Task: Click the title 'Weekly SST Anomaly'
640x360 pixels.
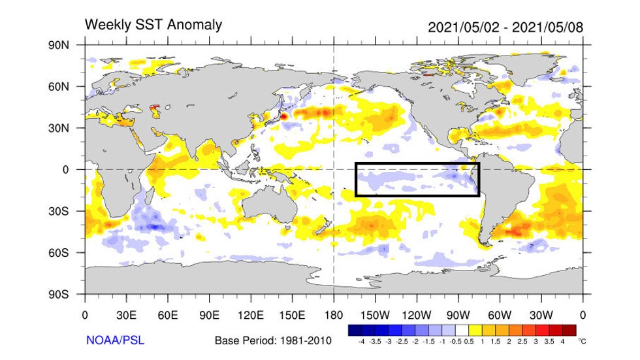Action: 153,25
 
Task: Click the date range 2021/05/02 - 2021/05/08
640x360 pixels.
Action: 505,27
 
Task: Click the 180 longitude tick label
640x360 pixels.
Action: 334,314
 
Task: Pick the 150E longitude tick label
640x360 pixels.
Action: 292,314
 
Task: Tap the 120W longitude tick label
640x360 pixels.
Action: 416,314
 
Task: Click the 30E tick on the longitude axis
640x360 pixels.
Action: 126,314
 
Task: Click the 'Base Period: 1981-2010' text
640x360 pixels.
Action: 273,340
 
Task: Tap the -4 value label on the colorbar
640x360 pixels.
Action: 361,340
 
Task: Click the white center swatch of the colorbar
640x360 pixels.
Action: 461,329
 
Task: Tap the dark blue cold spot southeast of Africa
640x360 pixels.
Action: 155,227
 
